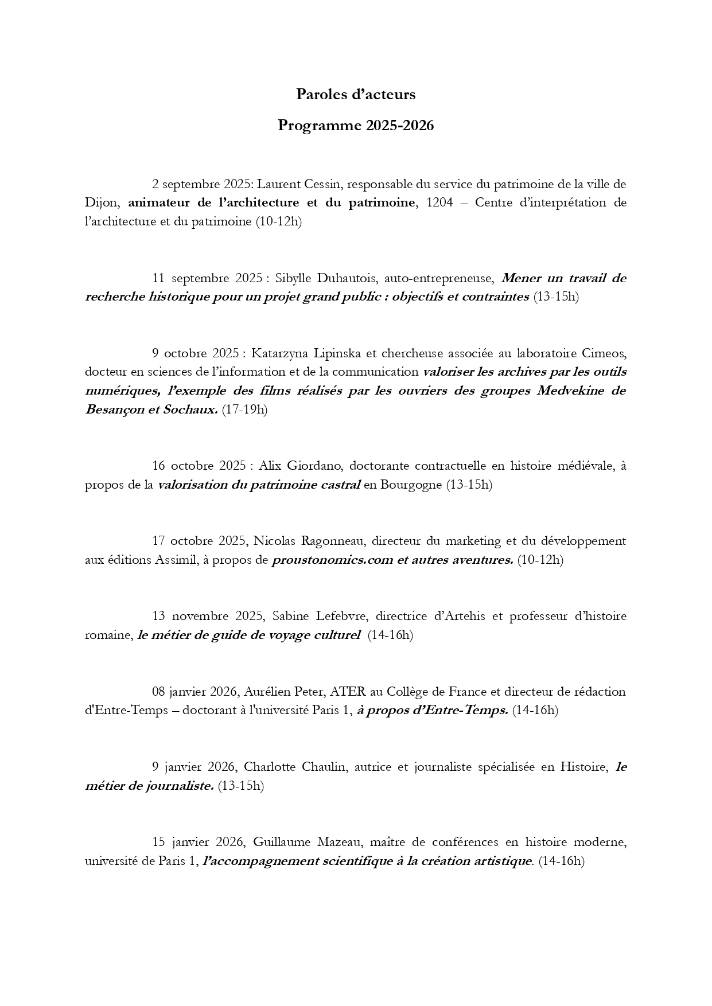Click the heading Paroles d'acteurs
356,95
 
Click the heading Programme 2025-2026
356,126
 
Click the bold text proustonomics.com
331,560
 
